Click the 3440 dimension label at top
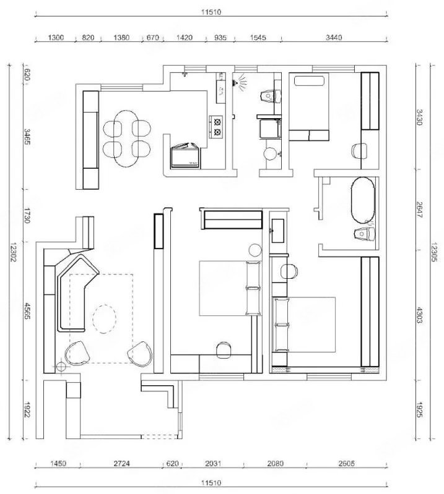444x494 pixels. coord(334,38)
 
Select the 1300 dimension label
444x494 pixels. coord(56,38)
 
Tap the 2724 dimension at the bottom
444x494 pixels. coord(121,464)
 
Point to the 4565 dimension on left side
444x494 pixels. coord(27,311)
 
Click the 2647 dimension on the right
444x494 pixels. coord(419,210)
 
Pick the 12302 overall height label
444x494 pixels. coord(13,252)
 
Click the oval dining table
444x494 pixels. coord(126,138)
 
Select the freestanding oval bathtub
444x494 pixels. coord(363,200)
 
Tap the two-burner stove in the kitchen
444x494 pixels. coord(217,127)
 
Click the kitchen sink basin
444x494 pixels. coord(221,91)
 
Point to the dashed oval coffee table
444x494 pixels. coord(105,319)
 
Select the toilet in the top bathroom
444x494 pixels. coord(271,96)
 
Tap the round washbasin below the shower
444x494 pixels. coord(270,154)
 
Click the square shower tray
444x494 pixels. coord(270,129)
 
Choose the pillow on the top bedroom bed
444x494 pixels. coord(309,80)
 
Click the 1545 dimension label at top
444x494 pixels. coord(258,38)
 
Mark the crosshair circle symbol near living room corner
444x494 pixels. coord(60,367)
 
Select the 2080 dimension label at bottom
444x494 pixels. coord(275,464)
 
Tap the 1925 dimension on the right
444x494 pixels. coord(419,409)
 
